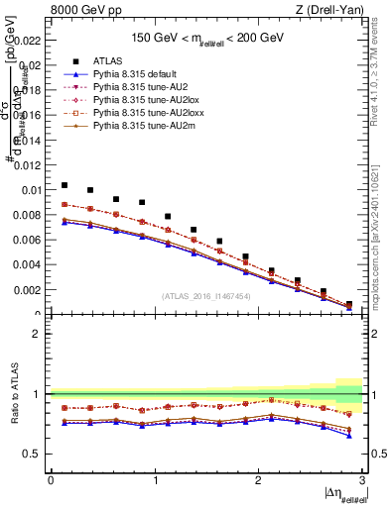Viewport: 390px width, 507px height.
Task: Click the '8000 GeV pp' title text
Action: [x=84, y=11]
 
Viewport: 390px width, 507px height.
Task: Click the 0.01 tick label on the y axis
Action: [x=31, y=190]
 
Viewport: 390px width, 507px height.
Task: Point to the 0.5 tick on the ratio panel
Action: [x=36, y=454]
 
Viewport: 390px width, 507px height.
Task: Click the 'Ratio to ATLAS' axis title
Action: [x=13, y=393]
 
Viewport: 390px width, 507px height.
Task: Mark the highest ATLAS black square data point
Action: [x=65, y=185]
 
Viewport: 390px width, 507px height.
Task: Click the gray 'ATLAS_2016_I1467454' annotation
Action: [x=206, y=295]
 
